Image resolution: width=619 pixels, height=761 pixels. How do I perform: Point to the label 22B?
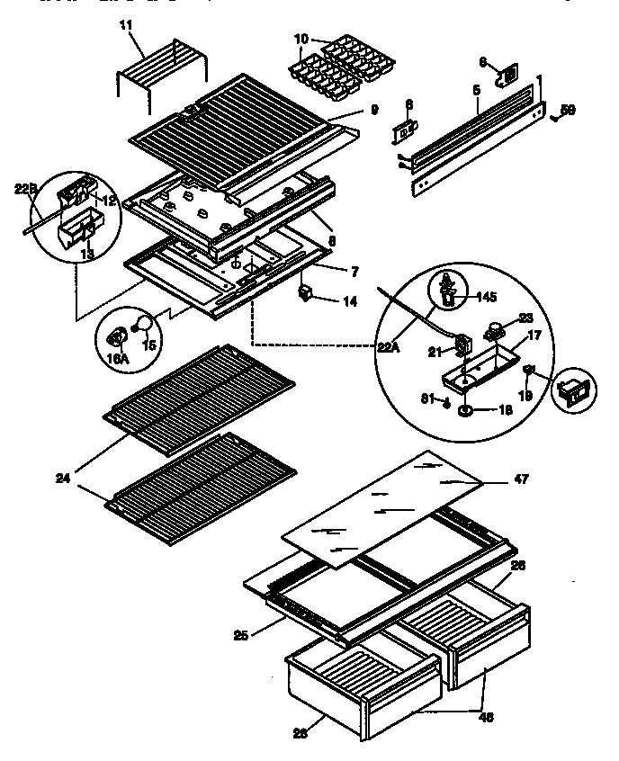coord(25,189)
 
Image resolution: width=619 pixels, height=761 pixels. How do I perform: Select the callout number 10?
coord(301,38)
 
